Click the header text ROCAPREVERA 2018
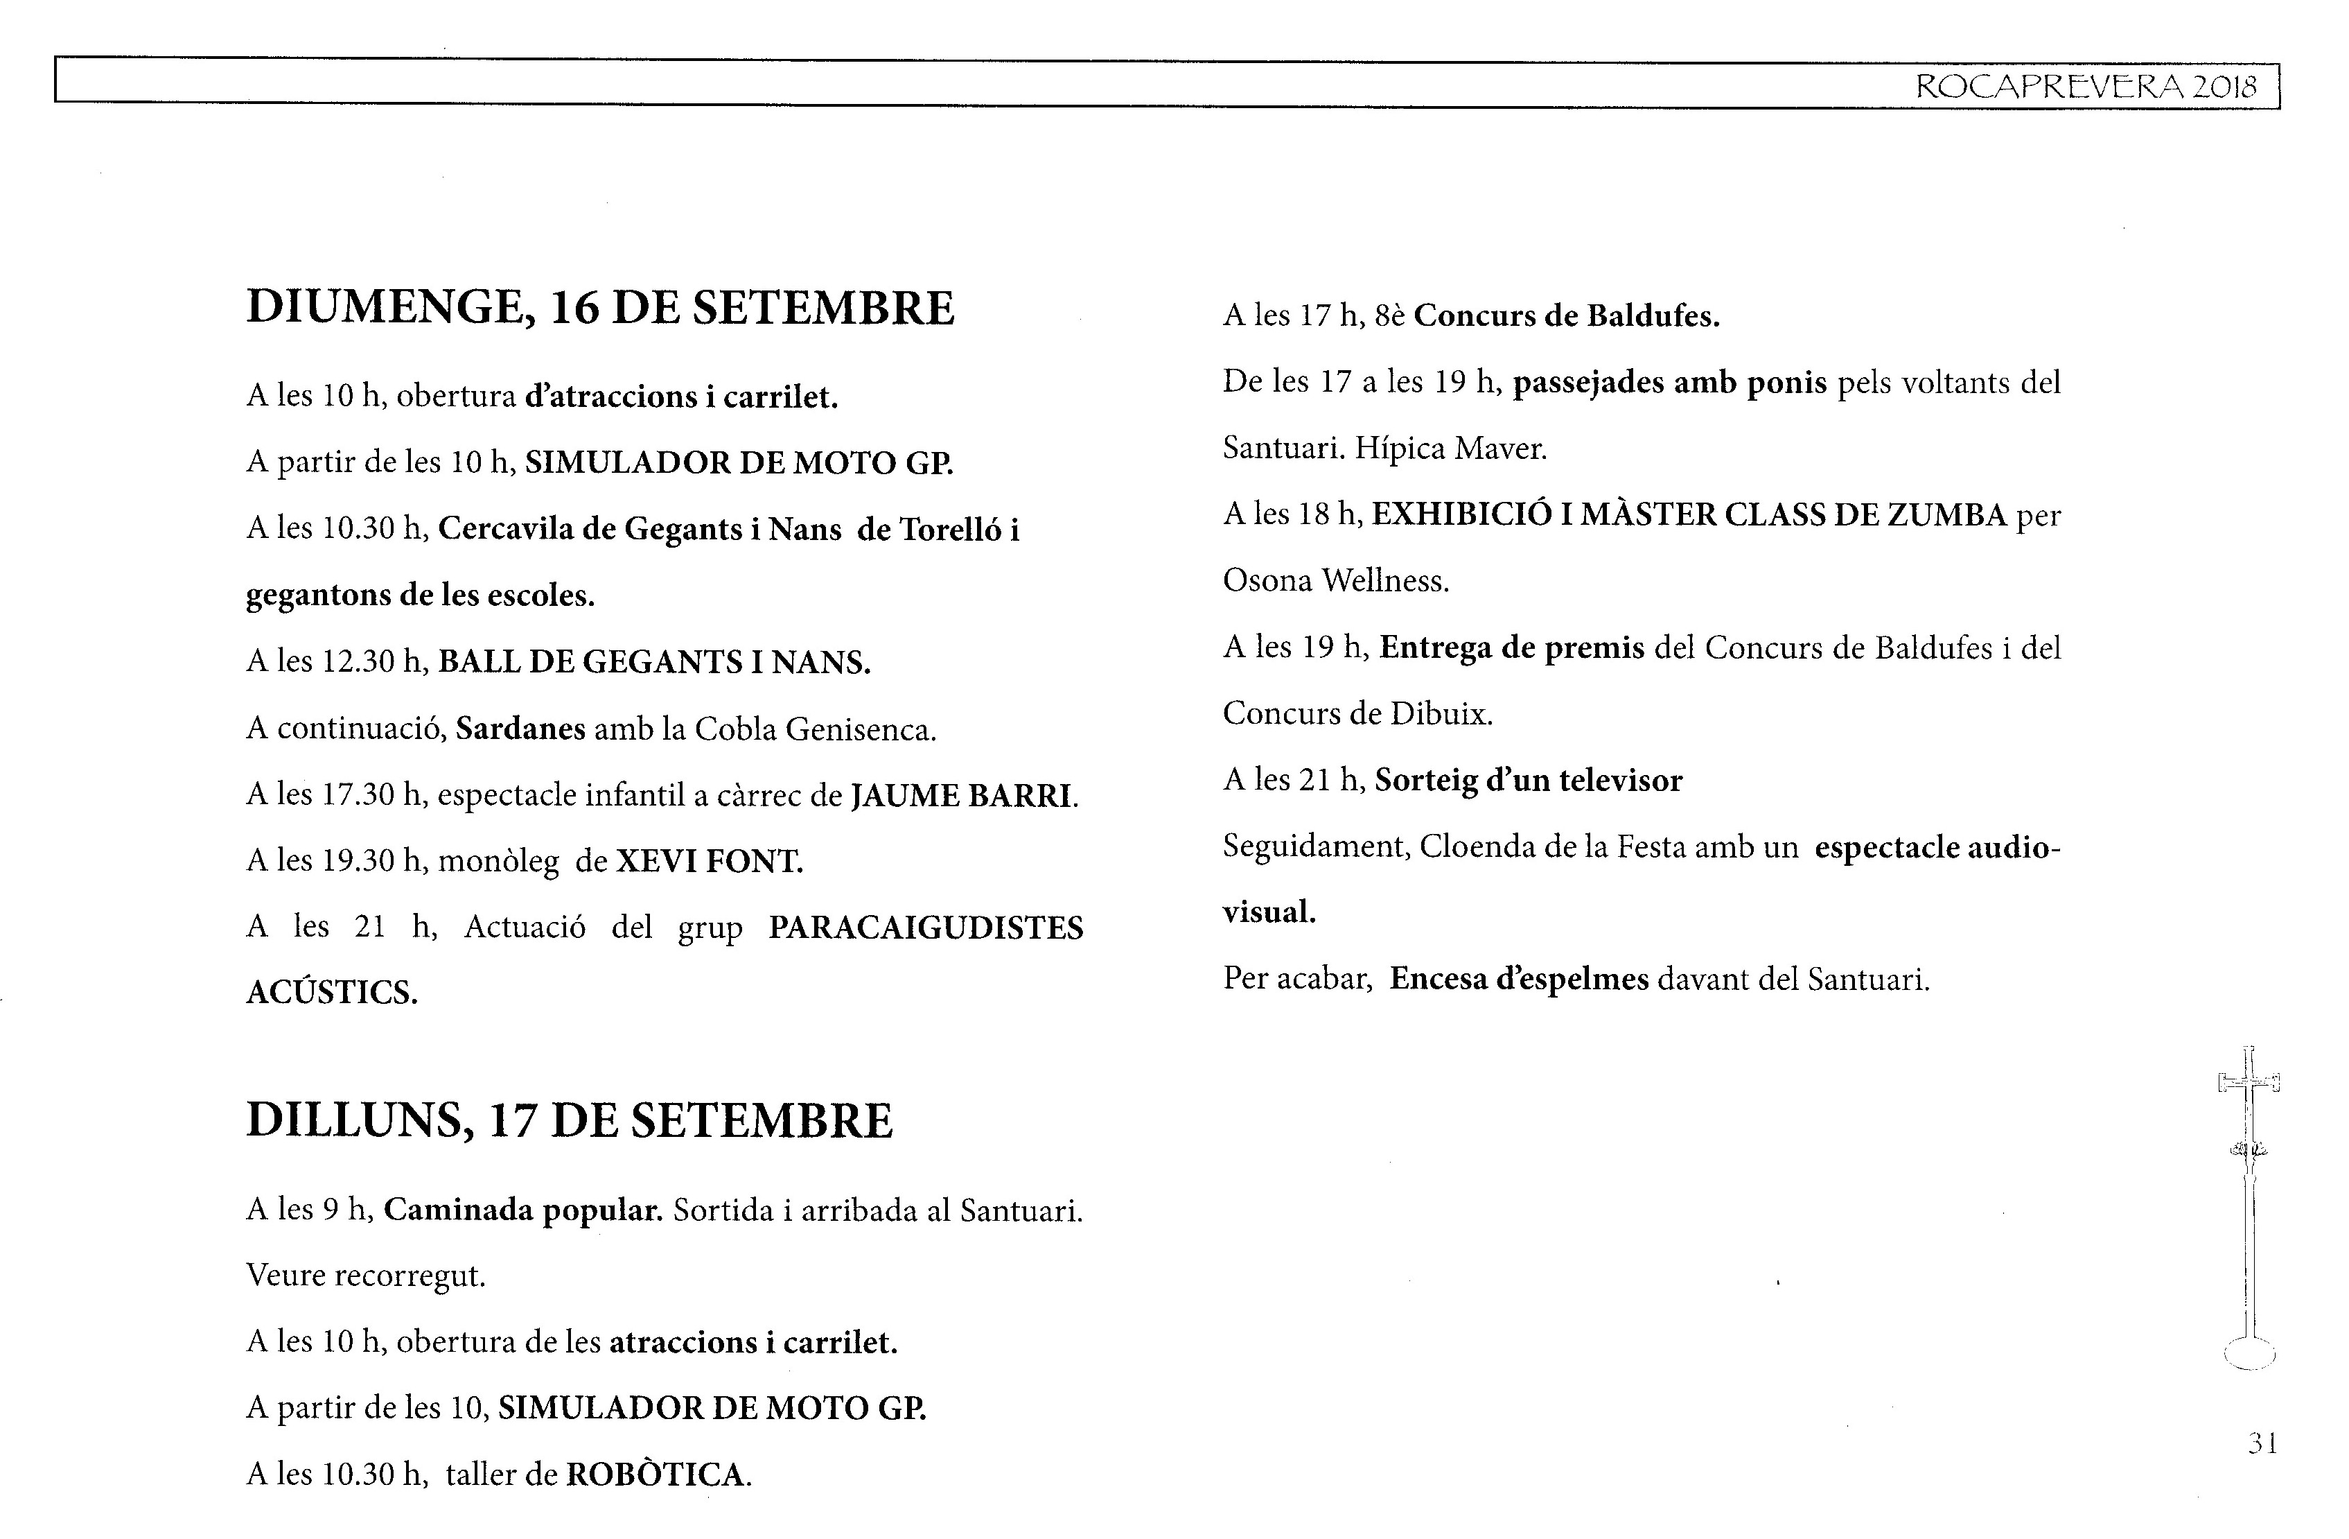(2086, 87)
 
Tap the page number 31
(2263, 1443)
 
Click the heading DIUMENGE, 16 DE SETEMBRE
(600, 308)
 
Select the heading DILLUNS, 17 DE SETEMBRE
(570, 1120)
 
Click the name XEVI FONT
(709, 862)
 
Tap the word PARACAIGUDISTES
(926, 928)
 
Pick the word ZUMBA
(1946, 515)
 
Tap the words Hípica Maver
(1450, 449)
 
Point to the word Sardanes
(520, 729)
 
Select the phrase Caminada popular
(522, 1210)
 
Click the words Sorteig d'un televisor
(1528, 781)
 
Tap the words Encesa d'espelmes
(1519, 980)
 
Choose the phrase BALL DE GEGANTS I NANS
(653, 662)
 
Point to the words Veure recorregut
(365, 1276)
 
